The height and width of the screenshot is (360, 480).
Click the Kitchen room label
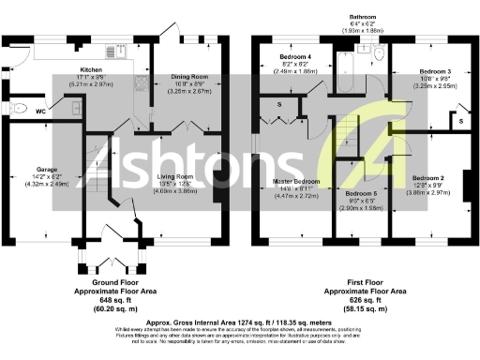pos(90,69)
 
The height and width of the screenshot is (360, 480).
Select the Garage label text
pos(47,171)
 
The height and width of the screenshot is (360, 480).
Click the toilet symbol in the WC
pos(18,109)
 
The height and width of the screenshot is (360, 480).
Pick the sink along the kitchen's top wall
pos(67,56)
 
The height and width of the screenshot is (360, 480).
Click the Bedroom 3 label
pos(436,71)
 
